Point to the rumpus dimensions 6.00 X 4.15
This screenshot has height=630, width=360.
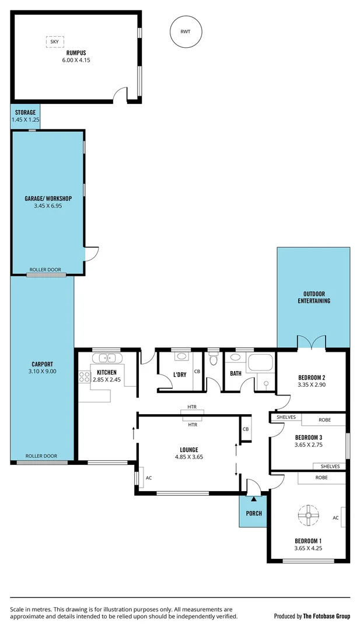pos(76,60)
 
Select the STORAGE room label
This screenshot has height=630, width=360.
pos(25,113)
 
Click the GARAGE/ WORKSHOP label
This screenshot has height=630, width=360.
pos(48,198)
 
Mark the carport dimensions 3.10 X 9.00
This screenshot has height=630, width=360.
pos(42,371)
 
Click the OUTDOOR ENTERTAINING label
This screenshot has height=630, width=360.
pos(314,297)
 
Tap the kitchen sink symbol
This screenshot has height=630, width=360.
pos(107,359)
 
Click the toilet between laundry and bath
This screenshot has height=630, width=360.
pos(213,360)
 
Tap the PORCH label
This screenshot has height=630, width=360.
pos(254,513)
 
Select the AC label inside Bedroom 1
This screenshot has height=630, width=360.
pos(335,517)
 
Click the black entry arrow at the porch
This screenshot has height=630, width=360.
pos(253,499)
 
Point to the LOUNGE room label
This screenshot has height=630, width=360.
pos(188,450)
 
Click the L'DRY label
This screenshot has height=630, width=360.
pos(180,374)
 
